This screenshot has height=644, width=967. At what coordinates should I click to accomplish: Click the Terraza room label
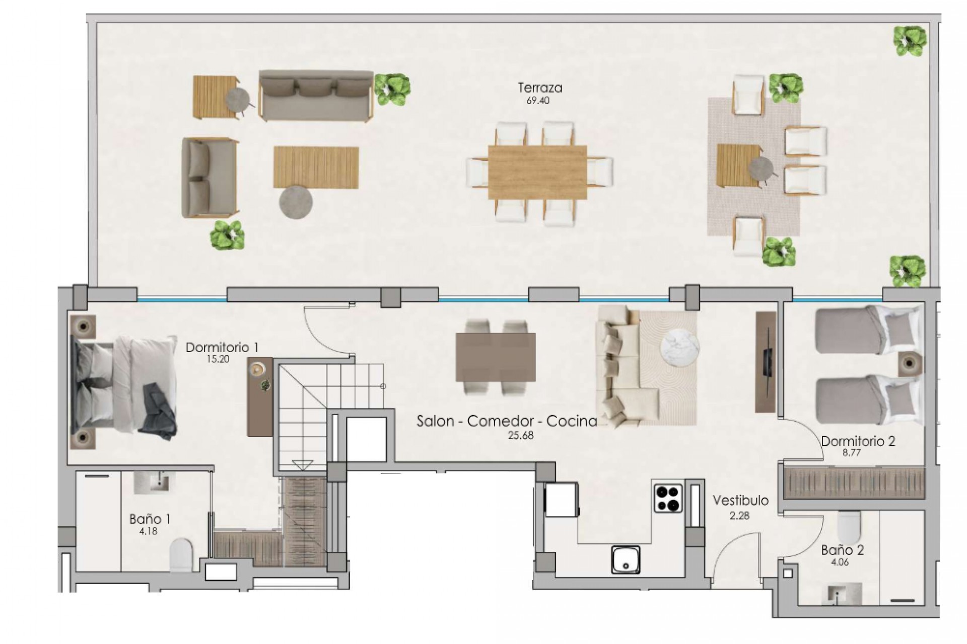[540, 88]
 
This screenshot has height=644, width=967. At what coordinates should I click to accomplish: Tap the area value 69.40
[538, 101]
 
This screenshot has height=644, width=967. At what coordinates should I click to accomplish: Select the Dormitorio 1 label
[222, 347]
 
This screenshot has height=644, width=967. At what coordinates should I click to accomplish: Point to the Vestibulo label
[740, 501]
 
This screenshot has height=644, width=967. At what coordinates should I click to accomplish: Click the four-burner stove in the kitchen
[668, 498]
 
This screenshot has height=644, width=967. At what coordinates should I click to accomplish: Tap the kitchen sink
[626, 559]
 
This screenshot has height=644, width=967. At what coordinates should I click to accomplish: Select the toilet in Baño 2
[849, 527]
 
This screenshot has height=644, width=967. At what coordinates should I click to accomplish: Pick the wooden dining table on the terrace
[537, 172]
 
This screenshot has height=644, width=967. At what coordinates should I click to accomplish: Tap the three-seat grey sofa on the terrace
[316, 95]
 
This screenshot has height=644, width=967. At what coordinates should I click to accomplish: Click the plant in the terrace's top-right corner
[910, 40]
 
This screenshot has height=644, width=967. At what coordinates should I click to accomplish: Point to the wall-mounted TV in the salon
[766, 362]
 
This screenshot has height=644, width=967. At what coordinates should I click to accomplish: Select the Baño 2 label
[842, 550]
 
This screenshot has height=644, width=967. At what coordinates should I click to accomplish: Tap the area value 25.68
[520, 436]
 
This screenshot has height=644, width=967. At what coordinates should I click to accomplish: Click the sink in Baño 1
[154, 483]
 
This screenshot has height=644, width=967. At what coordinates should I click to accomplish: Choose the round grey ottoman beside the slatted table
[296, 202]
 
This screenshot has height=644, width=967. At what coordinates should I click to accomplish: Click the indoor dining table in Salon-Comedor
[495, 357]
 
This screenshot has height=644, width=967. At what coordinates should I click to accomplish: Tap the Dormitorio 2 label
[858, 442]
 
